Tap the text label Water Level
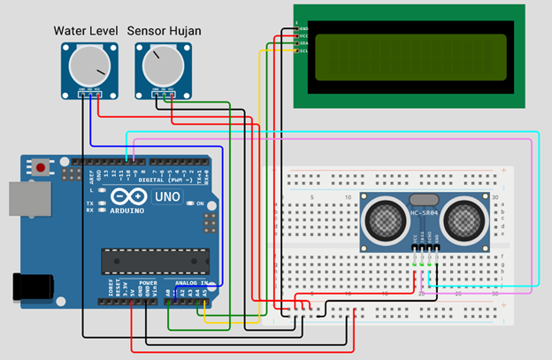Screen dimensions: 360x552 coord(86,31)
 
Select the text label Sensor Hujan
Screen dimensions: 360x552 coord(164,31)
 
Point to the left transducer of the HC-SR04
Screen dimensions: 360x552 coord(387,219)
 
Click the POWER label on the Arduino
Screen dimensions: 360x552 coord(148,283)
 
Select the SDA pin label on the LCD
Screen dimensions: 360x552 coord(303,42)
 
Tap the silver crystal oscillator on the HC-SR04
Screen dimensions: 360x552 coord(425,202)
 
